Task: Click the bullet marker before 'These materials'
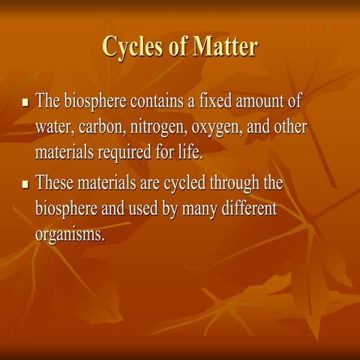point(26,184)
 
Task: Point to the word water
point(53,128)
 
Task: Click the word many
point(192,209)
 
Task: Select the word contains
point(163,102)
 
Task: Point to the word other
point(289,127)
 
